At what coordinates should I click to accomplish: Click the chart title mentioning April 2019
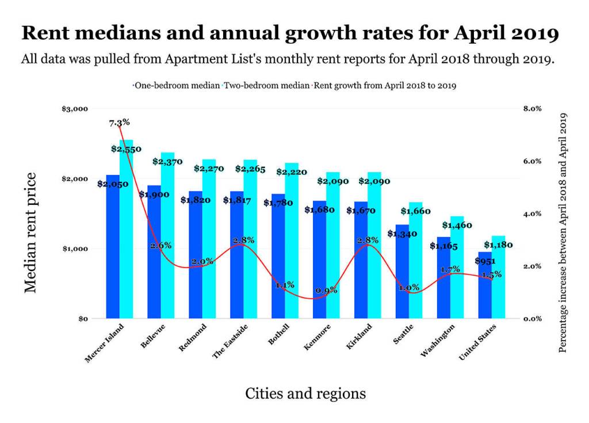[290, 33]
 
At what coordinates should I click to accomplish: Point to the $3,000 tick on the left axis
[75, 109]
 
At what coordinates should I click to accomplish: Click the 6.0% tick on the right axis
[533, 161]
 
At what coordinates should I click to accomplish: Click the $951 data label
[484, 261]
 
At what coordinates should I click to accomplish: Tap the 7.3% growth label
[119, 122]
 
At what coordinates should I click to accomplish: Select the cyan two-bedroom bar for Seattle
[416, 265]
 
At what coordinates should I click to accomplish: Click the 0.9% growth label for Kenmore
[326, 291]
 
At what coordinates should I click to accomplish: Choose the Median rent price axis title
[31, 233]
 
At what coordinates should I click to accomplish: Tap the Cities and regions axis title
[305, 393]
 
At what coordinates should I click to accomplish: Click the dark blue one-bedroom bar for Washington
[443, 279]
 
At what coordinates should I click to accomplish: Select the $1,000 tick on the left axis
[75, 249]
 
